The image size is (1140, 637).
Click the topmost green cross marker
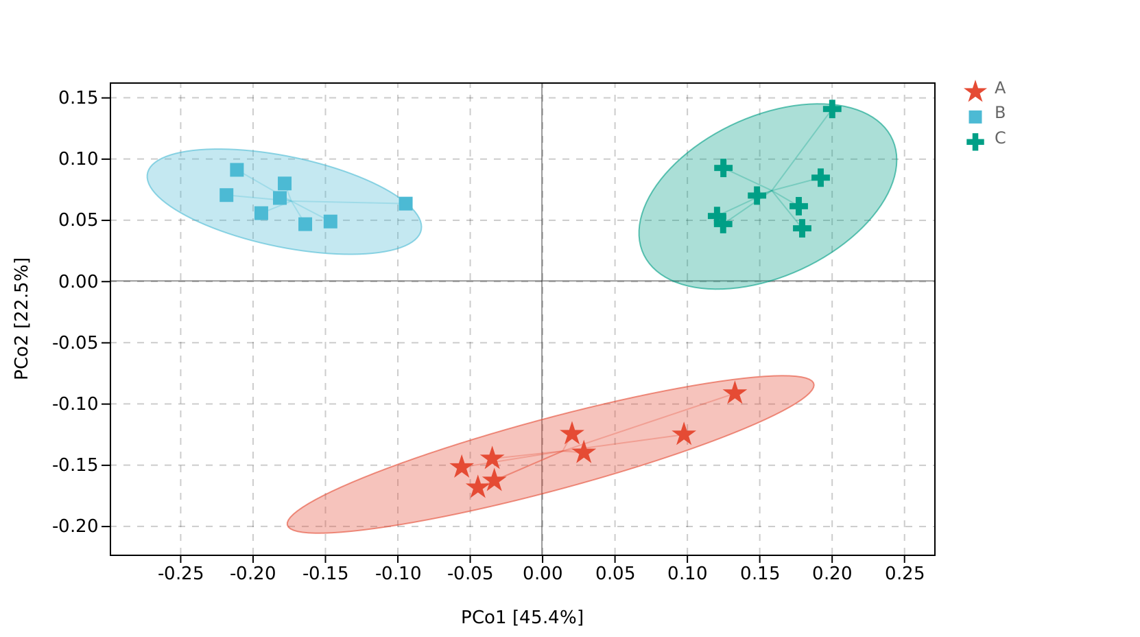(832, 108)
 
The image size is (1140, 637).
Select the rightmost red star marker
(735, 393)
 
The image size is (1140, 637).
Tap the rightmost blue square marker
(405, 204)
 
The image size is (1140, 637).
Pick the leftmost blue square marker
(226, 196)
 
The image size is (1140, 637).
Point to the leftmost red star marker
(462, 467)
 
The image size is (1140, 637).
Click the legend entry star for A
(975, 91)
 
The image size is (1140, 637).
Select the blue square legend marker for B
(975, 116)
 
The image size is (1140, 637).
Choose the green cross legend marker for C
(975, 141)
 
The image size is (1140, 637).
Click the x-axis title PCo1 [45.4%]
(522, 618)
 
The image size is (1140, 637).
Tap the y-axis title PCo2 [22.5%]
(22, 318)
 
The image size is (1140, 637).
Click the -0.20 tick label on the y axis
(75, 526)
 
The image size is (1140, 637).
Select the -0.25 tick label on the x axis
(180, 574)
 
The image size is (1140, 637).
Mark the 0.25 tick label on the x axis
(905, 574)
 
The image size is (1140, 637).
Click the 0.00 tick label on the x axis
(542, 574)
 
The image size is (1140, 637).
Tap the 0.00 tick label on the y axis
(79, 281)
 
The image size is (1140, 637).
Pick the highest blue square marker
(237, 170)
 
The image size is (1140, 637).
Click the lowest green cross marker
(802, 229)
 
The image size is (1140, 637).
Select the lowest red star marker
(477, 488)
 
